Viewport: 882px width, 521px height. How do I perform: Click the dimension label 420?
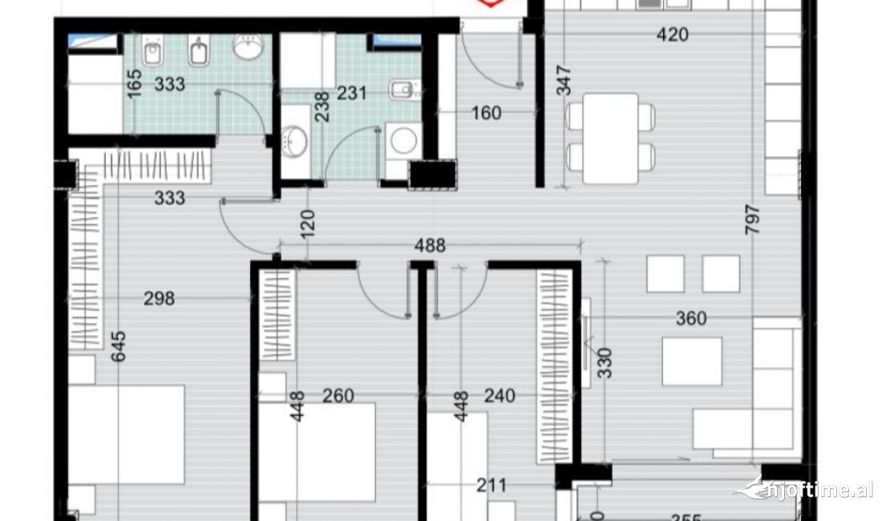coord(672,34)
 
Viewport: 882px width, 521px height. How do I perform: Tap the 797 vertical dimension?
coord(752,220)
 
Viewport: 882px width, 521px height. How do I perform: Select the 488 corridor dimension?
coord(430,245)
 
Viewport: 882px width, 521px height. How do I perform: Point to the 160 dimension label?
coord(485,113)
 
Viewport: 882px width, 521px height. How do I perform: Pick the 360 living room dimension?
coord(690,318)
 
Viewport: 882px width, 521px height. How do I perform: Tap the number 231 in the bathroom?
coord(351,93)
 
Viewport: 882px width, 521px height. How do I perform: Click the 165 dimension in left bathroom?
coord(134,84)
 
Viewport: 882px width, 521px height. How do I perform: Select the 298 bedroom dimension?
coord(159,298)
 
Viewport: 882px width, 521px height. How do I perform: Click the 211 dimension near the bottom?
coord(491,484)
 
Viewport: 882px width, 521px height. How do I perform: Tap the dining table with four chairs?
coord(611,138)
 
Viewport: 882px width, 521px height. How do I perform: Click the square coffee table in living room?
coord(692,361)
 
